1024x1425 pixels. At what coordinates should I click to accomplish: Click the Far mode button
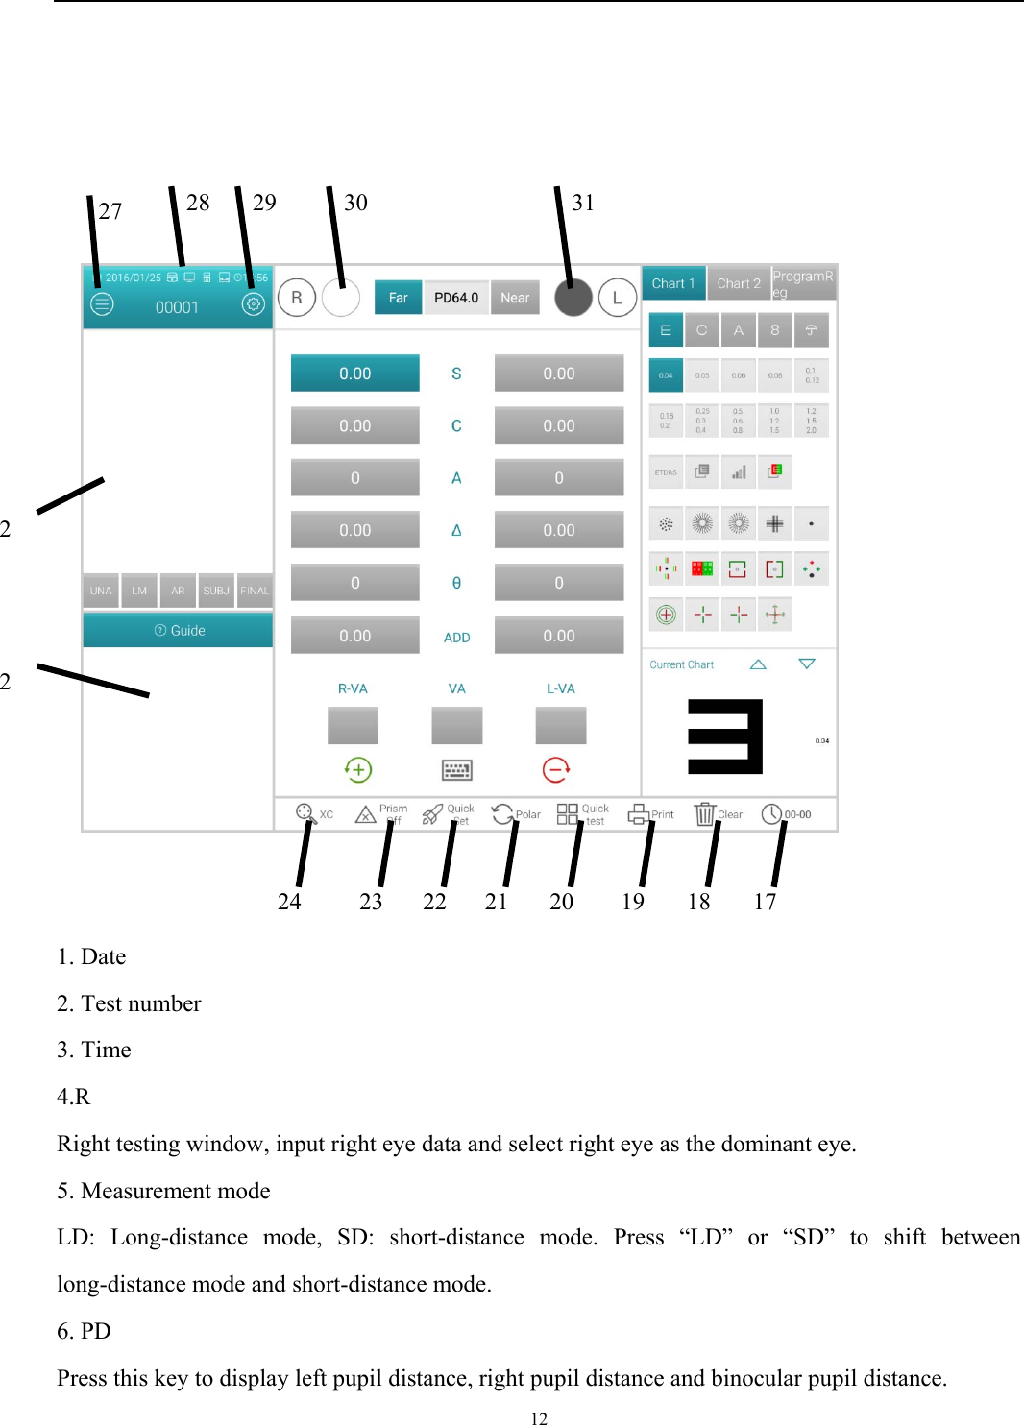tap(398, 298)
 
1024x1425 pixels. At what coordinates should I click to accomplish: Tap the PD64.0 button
tap(456, 298)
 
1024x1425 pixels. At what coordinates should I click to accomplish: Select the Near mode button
tap(515, 298)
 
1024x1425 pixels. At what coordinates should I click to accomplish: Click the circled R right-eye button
tap(297, 298)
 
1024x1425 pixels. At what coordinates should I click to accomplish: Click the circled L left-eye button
tap(618, 298)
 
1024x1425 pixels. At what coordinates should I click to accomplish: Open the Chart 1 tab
tap(673, 283)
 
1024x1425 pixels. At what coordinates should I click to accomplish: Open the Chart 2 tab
tap(739, 283)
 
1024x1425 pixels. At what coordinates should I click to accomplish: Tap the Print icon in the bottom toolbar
tap(639, 814)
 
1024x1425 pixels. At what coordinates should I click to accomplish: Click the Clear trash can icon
tap(705, 814)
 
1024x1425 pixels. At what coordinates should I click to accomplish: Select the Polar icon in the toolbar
tap(502, 814)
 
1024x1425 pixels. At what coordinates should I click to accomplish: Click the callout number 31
tap(583, 203)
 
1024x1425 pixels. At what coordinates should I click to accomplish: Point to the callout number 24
tap(289, 902)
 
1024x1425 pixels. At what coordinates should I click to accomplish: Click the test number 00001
tap(177, 307)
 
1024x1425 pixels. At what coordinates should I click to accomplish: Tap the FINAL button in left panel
tap(255, 591)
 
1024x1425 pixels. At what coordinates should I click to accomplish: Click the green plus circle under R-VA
tap(357, 769)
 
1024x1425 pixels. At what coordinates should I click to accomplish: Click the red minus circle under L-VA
tap(556, 769)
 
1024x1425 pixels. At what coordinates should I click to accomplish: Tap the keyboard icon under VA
tap(456, 769)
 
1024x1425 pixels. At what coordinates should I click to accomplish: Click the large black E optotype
tap(725, 737)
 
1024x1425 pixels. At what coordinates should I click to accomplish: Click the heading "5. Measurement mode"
tap(163, 1191)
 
